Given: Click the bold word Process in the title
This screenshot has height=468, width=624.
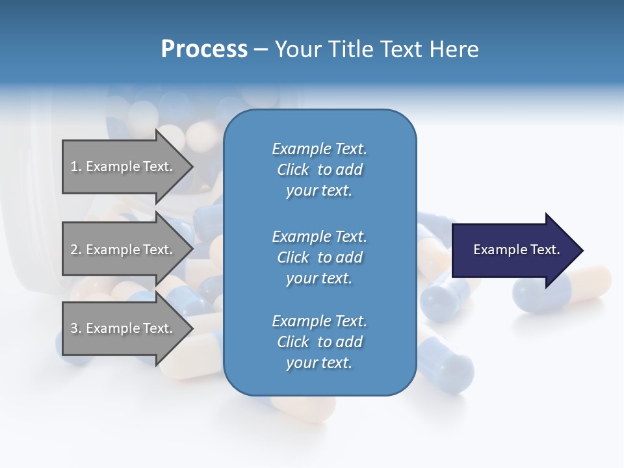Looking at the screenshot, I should [x=204, y=49].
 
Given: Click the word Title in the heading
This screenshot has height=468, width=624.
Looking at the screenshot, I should [x=350, y=49].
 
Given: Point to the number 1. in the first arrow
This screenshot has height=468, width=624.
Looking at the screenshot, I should [x=76, y=166].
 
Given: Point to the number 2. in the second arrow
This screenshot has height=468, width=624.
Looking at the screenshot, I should [x=76, y=250].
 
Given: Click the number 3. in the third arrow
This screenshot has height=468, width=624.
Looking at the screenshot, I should [x=76, y=328].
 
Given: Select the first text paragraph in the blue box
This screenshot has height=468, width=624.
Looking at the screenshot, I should [x=319, y=170].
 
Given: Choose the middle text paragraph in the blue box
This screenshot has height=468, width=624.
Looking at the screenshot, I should [x=319, y=257].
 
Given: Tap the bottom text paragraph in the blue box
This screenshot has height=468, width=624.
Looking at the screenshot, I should [x=319, y=342].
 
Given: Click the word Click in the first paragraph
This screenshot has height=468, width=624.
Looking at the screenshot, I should [x=292, y=170].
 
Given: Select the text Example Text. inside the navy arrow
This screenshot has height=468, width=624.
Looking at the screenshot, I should [x=517, y=250].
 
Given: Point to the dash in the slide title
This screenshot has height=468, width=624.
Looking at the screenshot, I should [x=261, y=49].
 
